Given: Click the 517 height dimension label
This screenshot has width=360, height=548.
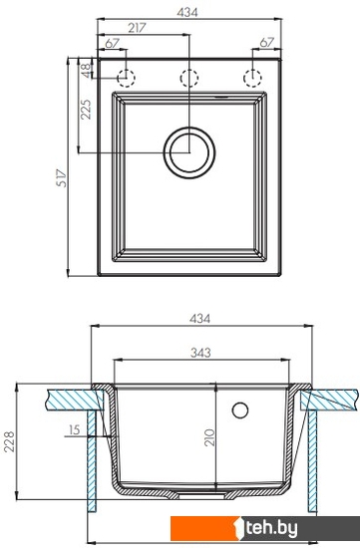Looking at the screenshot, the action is [62, 178].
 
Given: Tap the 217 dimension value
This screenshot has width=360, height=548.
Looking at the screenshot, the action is [137, 28].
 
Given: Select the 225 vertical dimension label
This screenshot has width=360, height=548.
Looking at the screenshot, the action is [86, 110].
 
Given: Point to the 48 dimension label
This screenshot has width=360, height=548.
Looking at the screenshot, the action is [86, 71].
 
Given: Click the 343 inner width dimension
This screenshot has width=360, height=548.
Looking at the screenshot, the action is [200, 353].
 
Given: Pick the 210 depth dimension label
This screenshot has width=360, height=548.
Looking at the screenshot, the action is [209, 437].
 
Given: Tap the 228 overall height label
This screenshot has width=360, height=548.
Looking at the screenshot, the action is [9, 441].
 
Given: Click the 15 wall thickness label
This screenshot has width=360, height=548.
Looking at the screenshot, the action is [74, 429].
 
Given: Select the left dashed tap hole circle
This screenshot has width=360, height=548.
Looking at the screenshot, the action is [126, 78].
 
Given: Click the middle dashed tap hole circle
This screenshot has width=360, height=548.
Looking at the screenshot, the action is [189, 78].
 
